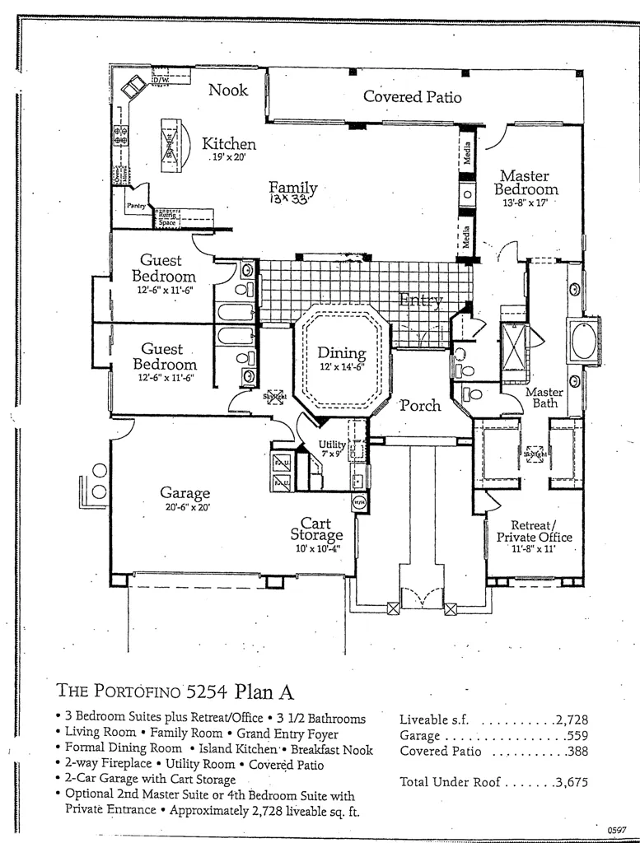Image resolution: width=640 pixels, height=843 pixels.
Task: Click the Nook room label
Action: click(228, 90)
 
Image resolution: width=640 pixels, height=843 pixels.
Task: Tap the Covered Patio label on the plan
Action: click(412, 97)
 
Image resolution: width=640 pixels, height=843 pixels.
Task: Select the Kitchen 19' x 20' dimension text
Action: click(229, 156)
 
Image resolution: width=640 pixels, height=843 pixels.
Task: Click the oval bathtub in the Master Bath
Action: click(583, 342)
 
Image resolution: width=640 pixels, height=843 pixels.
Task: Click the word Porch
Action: click(420, 405)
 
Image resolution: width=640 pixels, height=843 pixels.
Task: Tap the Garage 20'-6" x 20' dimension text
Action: click(187, 508)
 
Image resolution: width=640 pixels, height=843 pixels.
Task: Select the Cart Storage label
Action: click(315, 529)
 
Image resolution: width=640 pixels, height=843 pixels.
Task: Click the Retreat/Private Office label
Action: click(534, 531)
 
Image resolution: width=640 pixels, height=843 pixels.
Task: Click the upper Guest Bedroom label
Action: click(163, 269)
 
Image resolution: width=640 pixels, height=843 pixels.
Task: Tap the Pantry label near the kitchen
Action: click(135, 206)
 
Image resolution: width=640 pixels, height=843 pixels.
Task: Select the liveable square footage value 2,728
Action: click(571, 720)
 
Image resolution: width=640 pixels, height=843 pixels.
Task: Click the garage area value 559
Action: click(576, 735)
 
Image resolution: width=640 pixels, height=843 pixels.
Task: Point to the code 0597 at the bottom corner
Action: click(618, 831)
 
